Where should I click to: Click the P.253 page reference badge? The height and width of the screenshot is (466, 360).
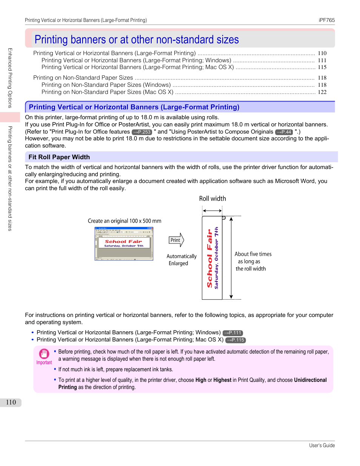click(142, 132)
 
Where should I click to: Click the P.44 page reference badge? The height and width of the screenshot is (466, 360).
click(284, 132)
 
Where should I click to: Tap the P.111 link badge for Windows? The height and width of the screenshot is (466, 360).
click(232, 333)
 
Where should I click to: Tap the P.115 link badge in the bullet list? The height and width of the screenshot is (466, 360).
click(235, 340)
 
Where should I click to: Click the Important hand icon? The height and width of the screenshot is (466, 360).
click(44, 354)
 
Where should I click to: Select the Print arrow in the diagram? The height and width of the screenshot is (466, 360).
click(176, 240)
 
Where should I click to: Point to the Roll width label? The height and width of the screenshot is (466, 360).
click(212, 198)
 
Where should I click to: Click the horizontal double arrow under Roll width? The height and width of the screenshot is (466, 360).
click(212, 211)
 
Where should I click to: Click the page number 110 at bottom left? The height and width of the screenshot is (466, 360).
click(11, 402)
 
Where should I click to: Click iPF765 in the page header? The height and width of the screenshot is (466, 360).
click(326, 20)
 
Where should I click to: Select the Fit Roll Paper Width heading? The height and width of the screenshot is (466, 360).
click(59, 157)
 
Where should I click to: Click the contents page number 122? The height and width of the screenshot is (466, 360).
click(322, 92)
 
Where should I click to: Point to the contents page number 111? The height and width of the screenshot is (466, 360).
click(322, 60)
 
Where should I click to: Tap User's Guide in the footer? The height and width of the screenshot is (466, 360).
click(322, 445)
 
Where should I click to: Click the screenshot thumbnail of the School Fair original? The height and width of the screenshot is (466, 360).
click(124, 244)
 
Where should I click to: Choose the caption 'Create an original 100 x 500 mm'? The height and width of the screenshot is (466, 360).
click(125, 221)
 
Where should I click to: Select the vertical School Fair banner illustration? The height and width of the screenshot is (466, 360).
click(212, 258)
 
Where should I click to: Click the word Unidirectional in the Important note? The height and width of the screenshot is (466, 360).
click(310, 380)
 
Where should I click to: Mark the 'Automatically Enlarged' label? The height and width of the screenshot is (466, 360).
click(182, 260)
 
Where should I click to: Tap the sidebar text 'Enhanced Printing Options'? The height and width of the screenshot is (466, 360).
click(10, 78)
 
